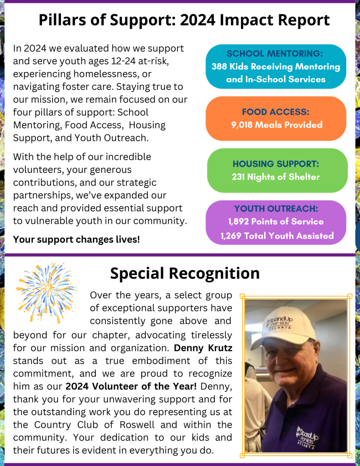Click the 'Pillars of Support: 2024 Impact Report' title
tap(184, 21)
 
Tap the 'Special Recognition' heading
tap(184, 273)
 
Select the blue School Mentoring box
tap(276, 67)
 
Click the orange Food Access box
tap(276, 119)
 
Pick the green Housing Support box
tap(276, 171)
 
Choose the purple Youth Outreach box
tap(276, 222)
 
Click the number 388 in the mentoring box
tap(220, 67)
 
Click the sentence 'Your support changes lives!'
tap(76, 239)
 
